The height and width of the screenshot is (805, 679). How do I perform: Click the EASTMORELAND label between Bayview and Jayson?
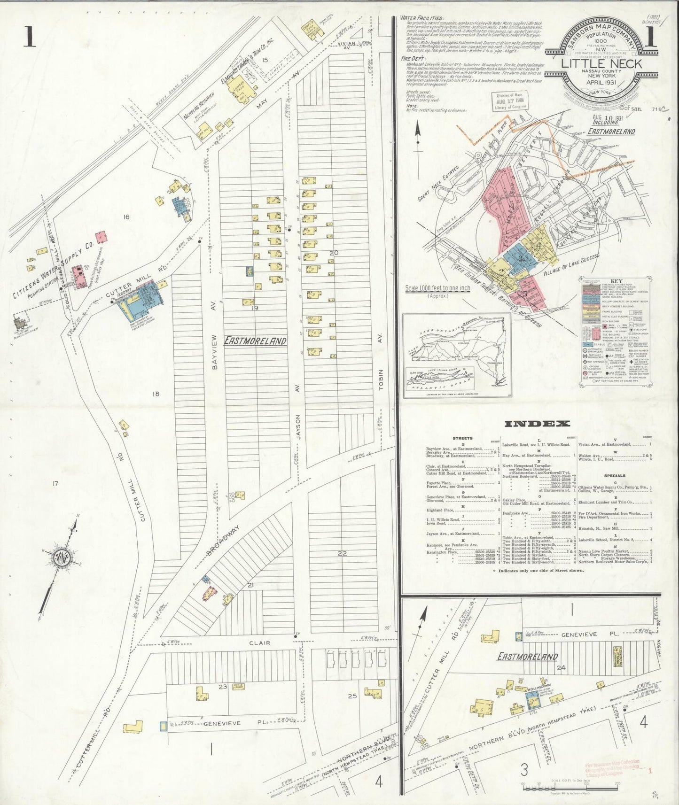[255, 340]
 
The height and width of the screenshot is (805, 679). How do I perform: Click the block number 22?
[341, 553]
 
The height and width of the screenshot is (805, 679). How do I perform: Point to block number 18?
[155, 394]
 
